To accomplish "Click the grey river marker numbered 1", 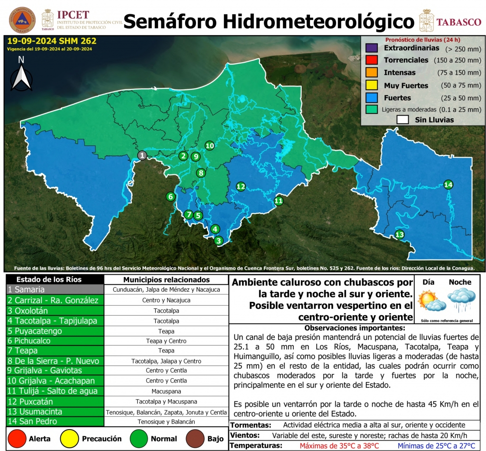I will pyautogui.click(x=142, y=155).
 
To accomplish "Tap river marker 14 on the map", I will pyautogui.click(x=448, y=184).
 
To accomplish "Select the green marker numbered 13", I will pyautogui.click(x=400, y=234).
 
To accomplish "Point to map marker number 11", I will pyautogui.click(x=279, y=201).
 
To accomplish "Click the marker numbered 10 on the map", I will pyautogui.click(x=209, y=145).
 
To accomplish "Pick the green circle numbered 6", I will pyautogui.click(x=170, y=196).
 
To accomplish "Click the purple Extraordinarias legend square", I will pyautogui.click(x=371, y=48).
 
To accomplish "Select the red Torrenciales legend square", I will pyautogui.click(x=371, y=60).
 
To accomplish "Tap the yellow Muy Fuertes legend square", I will pyautogui.click(x=371, y=86).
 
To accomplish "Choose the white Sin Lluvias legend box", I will pyautogui.click(x=403, y=120).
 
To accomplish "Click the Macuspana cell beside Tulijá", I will pyautogui.click(x=166, y=391).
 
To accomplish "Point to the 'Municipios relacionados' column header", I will pyautogui.click(x=166, y=279).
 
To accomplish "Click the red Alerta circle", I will pyautogui.click(x=17, y=438).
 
